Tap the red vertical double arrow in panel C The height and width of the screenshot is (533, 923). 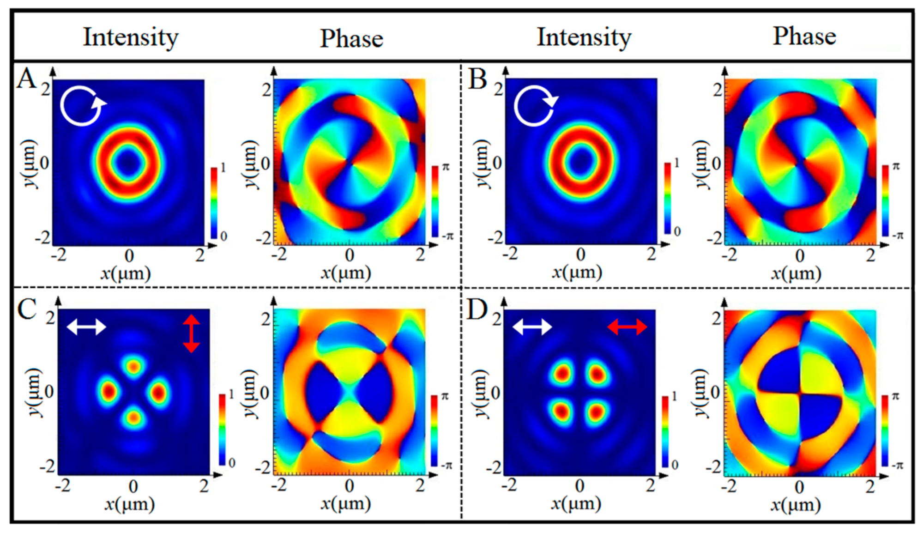191,333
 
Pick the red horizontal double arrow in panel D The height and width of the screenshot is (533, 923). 627,327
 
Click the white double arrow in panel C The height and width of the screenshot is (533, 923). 86,327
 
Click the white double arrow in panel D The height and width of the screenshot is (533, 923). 532,327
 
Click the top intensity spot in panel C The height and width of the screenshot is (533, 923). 133,367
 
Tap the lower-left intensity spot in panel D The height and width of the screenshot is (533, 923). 561,411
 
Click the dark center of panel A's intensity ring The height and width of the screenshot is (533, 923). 129,164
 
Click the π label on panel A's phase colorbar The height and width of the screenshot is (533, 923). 446,166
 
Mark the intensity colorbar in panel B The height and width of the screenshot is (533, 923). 668,198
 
